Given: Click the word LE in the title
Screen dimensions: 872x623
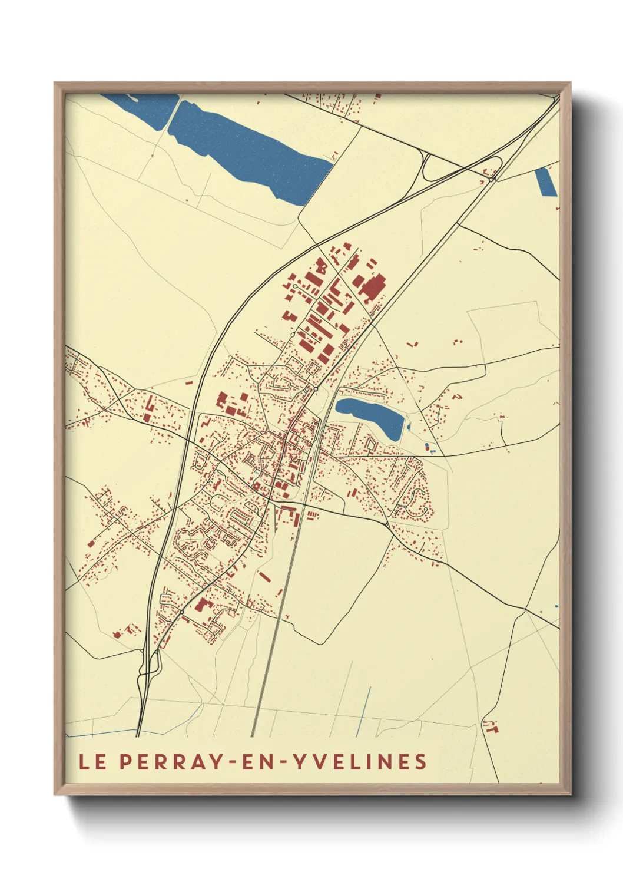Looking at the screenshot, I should [x=92, y=761].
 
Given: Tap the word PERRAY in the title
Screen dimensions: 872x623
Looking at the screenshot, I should [x=171, y=761].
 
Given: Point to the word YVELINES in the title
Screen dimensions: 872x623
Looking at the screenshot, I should [x=359, y=761].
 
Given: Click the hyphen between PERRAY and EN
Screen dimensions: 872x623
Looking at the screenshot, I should [x=230, y=762].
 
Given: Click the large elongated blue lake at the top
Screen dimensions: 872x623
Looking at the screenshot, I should [x=247, y=150].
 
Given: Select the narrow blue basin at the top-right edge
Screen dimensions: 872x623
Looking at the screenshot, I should [x=545, y=181].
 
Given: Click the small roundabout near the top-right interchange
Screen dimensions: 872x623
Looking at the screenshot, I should [x=492, y=179].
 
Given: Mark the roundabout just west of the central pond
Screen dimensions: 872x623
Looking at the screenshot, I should [x=316, y=389].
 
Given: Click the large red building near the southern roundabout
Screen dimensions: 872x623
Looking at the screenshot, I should [x=203, y=605].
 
